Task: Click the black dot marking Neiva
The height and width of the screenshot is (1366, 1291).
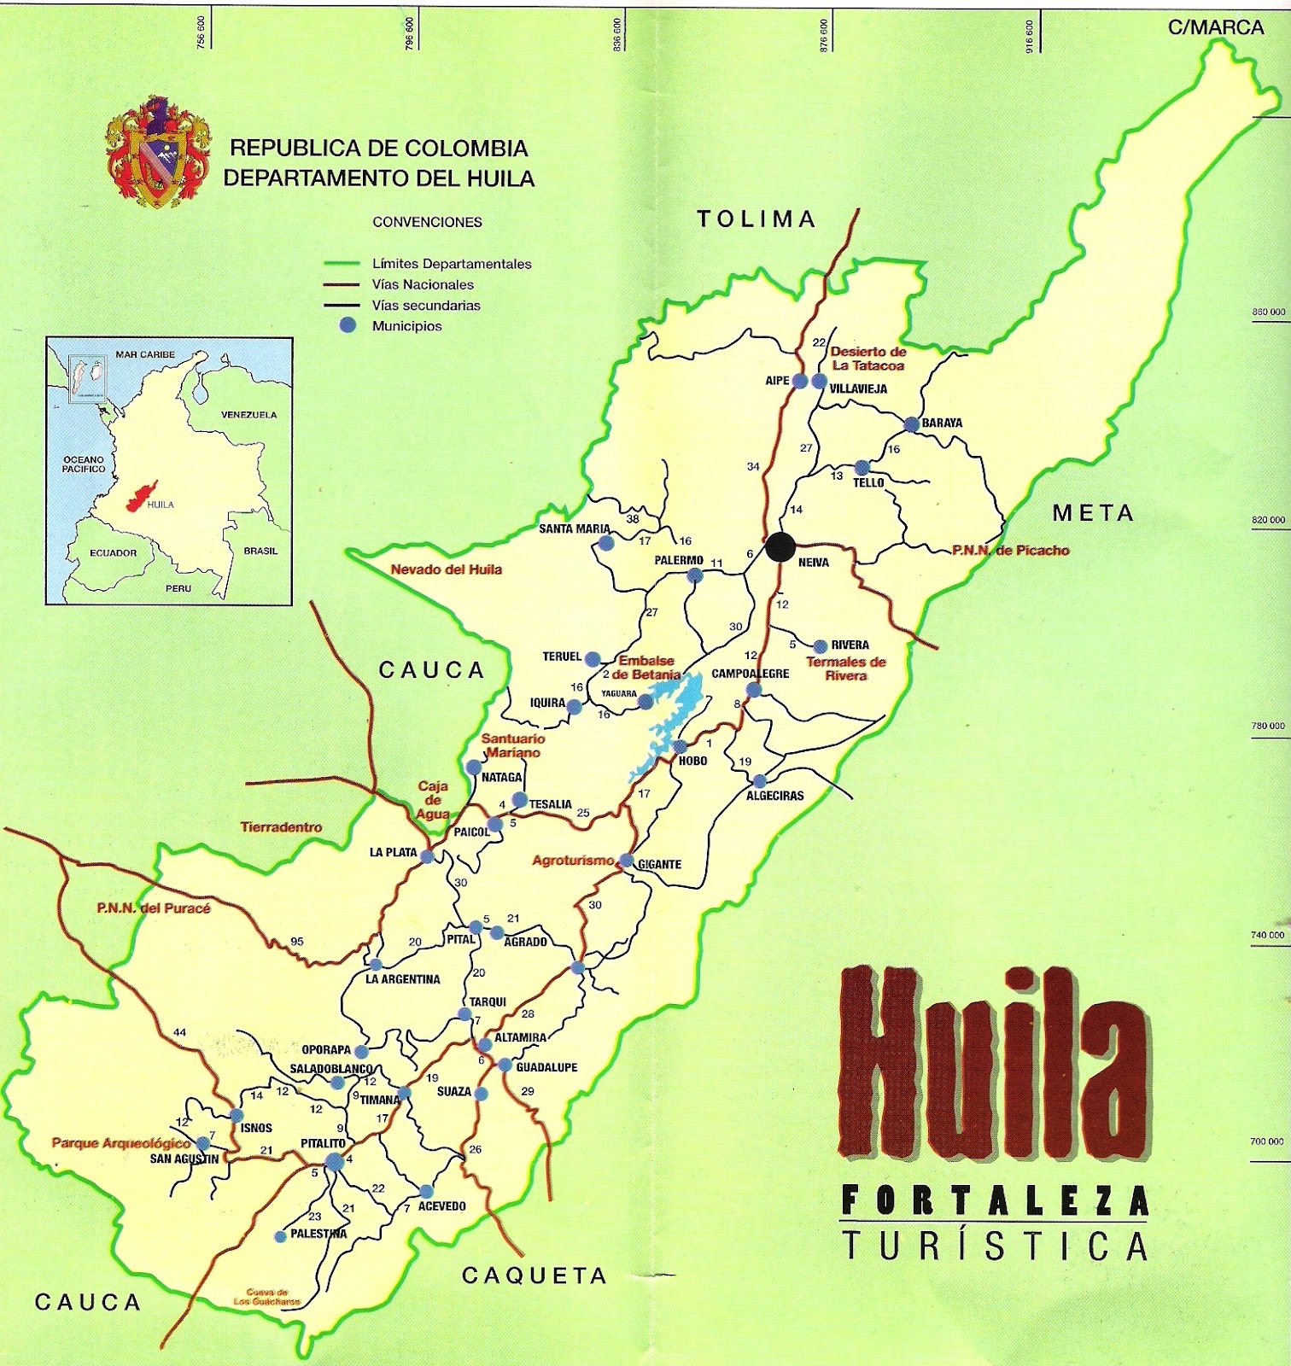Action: click(x=778, y=546)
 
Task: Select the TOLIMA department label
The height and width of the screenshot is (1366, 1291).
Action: click(x=756, y=219)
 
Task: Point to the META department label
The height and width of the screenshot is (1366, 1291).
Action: click(x=1093, y=513)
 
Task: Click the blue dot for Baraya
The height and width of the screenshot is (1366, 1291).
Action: click(x=911, y=423)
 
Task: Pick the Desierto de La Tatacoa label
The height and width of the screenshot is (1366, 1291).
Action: click(x=867, y=359)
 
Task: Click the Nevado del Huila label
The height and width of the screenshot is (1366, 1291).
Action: click(x=446, y=569)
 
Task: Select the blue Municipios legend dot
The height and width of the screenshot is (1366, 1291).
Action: click(x=347, y=325)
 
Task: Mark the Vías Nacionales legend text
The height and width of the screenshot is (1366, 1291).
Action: click(x=423, y=285)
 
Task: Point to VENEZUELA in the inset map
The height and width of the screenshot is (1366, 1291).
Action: click(x=248, y=415)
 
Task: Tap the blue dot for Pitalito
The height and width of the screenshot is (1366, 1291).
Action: click(x=333, y=1160)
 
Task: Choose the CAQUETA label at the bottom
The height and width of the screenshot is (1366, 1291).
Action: click(x=534, y=1276)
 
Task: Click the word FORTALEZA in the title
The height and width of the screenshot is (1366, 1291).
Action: click(x=995, y=1202)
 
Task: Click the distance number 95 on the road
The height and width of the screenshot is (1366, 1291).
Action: click(x=296, y=942)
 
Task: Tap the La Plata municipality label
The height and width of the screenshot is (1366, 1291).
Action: click(x=393, y=853)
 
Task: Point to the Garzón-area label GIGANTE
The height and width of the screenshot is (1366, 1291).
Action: click(x=659, y=865)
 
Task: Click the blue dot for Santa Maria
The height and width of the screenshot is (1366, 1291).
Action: click(x=606, y=543)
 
